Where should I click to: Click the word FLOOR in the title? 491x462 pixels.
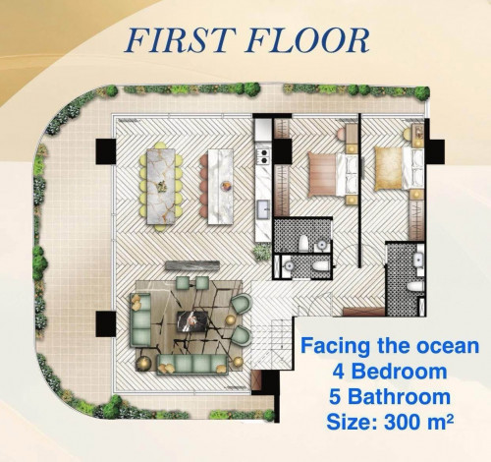[307, 40]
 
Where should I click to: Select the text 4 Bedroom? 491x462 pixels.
[390, 372]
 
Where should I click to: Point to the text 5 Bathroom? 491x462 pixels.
[390, 396]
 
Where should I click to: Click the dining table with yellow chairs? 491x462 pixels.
[161, 187]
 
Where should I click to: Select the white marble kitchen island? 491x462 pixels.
[220, 187]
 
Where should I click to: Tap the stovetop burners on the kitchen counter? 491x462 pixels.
[263, 156]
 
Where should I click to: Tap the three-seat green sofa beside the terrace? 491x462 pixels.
[140, 320]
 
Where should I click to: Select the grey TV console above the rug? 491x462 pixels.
[191, 265]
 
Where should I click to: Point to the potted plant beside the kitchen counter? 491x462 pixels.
[262, 253]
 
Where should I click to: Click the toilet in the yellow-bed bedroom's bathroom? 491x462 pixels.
[415, 286]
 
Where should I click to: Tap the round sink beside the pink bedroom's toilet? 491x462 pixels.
[322, 245]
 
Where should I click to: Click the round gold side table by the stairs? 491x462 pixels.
[238, 362]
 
